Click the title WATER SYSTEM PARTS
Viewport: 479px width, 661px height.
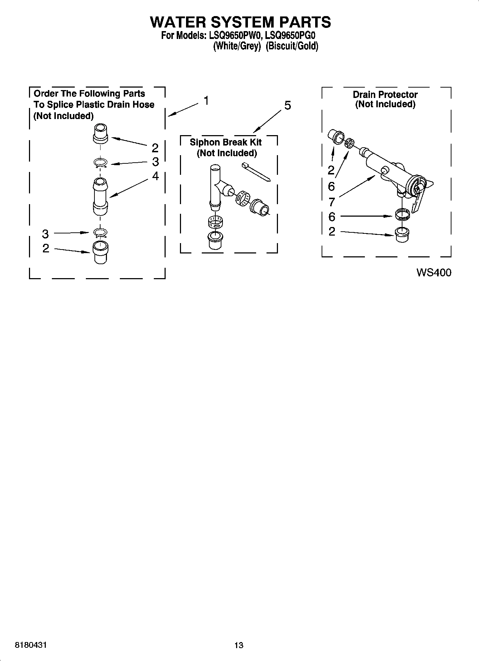(x=240, y=22)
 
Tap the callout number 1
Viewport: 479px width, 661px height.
(x=206, y=101)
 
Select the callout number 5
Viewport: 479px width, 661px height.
(x=288, y=105)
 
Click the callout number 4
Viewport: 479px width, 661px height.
(x=155, y=176)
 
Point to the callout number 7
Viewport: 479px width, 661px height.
(x=332, y=202)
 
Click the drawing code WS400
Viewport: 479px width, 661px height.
(x=434, y=273)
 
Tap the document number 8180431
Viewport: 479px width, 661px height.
(x=30, y=645)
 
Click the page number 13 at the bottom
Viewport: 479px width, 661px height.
(x=239, y=645)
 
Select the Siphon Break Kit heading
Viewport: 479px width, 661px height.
(x=225, y=142)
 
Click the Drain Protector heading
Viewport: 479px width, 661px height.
(x=385, y=95)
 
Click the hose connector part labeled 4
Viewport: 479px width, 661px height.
(x=101, y=197)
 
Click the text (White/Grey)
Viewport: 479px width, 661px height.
(x=236, y=46)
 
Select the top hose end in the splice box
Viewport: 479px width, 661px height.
(x=101, y=133)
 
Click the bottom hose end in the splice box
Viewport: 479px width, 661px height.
(x=101, y=252)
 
